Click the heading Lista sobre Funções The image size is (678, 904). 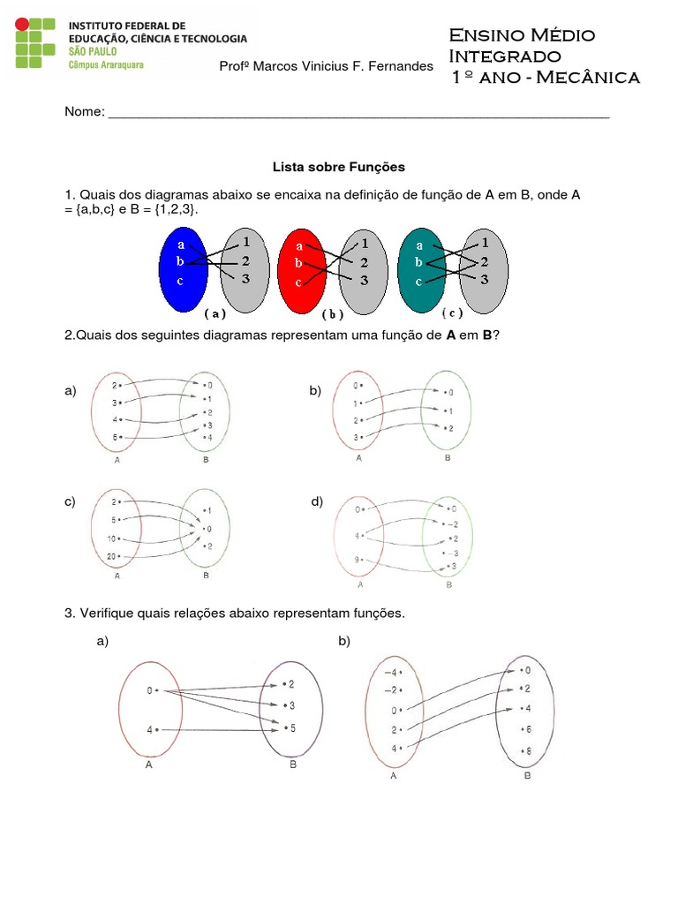point(338,166)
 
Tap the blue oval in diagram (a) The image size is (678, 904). point(182,268)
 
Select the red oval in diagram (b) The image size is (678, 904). point(303,270)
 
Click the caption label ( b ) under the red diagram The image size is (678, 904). point(332,313)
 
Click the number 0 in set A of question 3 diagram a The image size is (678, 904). point(151,691)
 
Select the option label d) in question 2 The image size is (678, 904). point(317,501)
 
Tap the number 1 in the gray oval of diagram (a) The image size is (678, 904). point(245,241)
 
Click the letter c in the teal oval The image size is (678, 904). point(418,282)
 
